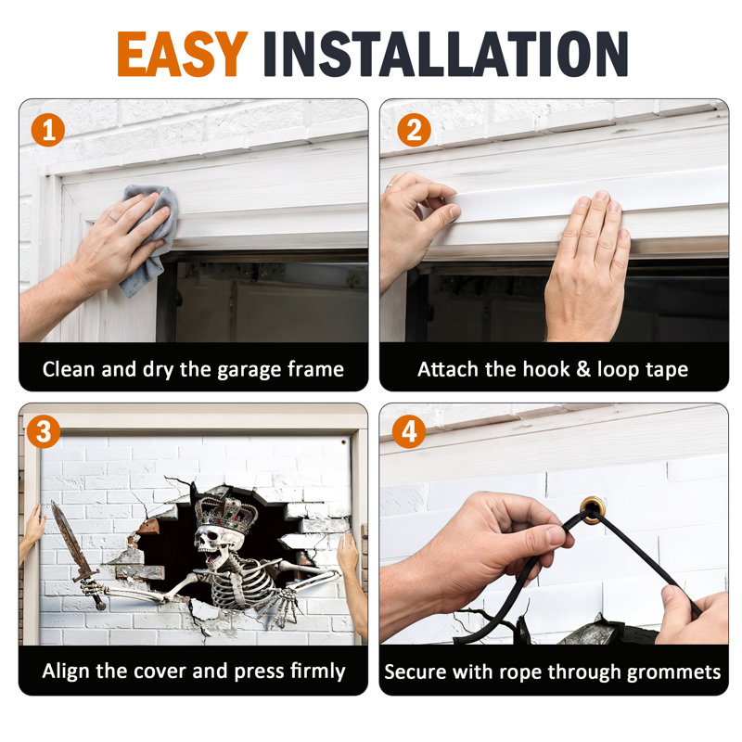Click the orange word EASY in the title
click(183, 54)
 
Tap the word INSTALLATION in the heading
click(446, 54)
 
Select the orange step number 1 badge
click(48, 130)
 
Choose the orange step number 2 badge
click(414, 130)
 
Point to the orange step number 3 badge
click(44, 431)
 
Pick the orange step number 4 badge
click(409, 431)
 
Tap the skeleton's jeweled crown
click(226, 514)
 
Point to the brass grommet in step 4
click(594, 509)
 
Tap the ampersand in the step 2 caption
click(583, 369)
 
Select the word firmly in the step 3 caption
click(318, 672)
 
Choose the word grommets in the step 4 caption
click(674, 672)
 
